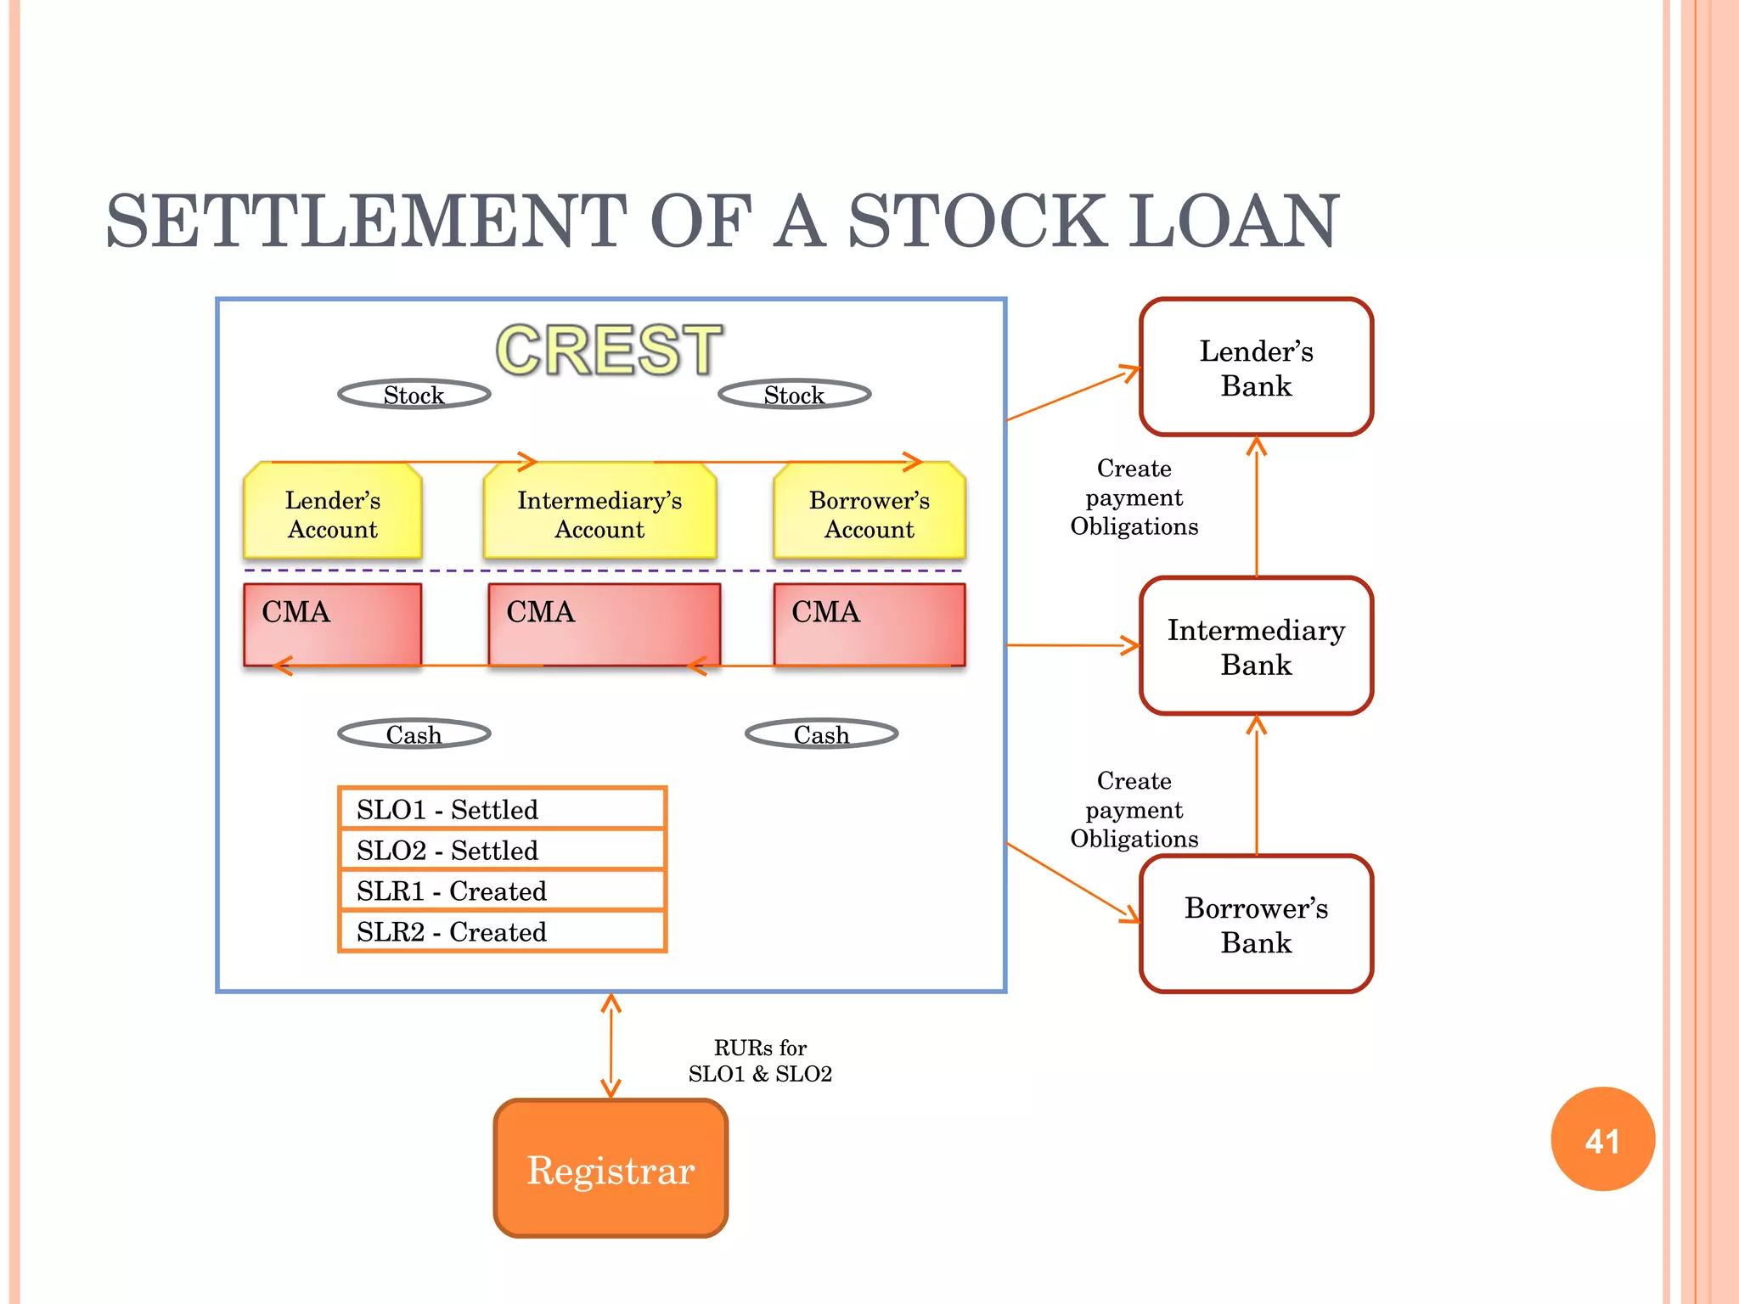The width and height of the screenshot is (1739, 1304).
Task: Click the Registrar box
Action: click(x=611, y=1168)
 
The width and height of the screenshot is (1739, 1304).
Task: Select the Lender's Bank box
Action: click(x=1256, y=368)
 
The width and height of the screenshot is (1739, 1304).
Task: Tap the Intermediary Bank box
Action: click(x=1256, y=646)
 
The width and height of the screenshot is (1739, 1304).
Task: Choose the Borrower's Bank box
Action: click(x=1256, y=925)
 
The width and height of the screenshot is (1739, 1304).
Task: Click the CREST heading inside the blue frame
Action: click(x=609, y=350)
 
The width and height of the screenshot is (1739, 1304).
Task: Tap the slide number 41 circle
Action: click(x=1602, y=1140)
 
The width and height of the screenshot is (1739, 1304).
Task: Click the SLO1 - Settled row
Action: click(x=502, y=809)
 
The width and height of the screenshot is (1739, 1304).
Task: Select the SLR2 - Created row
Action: click(x=502, y=931)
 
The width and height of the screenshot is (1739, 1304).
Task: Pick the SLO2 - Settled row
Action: click(x=502, y=850)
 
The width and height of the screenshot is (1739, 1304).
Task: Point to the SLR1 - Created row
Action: click(x=502, y=891)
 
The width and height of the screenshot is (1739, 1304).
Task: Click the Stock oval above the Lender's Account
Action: click(x=414, y=395)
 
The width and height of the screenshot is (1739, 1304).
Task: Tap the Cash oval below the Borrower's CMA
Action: click(x=821, y=734)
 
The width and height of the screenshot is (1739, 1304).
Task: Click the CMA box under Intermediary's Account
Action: click(x=604, y=624)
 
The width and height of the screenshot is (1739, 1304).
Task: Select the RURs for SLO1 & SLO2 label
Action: click(x=760, y=1060)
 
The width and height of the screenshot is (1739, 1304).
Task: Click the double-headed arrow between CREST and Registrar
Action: click(x=611, y=1046)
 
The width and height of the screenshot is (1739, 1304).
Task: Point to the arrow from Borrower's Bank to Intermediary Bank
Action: click(x=1257, y=785)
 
